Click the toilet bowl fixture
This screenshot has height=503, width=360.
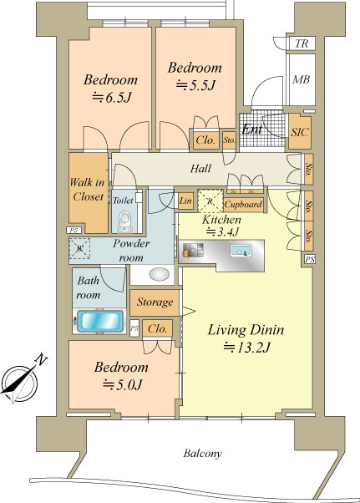pos(124,221)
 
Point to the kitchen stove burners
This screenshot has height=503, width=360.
pos(193,250)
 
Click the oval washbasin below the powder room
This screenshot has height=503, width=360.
pos(160,275)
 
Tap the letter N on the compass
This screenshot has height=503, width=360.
pos(41,359)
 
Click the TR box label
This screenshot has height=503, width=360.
pos(301,43)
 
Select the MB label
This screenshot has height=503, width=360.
pos(301,79)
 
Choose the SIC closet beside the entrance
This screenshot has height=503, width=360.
pos(300,131)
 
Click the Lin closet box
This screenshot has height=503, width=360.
pos(185,201)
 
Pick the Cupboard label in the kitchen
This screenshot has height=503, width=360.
pos(244,205)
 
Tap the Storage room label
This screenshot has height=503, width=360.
pos(155,302)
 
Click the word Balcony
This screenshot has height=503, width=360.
pos(202,453)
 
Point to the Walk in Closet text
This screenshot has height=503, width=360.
pos(88,190)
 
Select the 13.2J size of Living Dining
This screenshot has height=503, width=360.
pos(247,348)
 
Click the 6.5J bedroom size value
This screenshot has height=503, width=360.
pos(112,97)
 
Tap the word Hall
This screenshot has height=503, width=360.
pos(200,169)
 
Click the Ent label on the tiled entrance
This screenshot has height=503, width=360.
pos(252,130)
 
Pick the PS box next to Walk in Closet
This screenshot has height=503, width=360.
pos(74,230)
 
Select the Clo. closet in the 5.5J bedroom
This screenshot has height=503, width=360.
pos(205,140)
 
